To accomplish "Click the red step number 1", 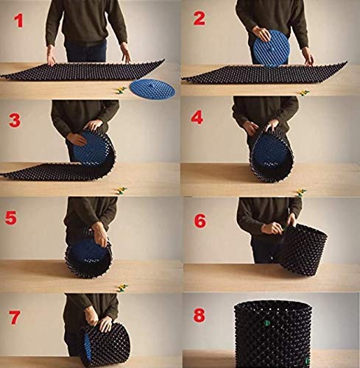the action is pos(18,21).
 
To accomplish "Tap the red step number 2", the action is pos(199,18).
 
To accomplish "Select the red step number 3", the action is pos(15,121).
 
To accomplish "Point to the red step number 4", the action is pos(197,118).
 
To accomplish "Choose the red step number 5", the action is pos(11,218).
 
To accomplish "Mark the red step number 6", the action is pos(200,222).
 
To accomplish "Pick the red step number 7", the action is pos(15,317).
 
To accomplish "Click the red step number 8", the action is pos(199,315).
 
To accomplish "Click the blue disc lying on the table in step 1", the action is pos(152,88).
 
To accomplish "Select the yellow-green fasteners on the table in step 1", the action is pos(121,91).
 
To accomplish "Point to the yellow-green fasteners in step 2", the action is pos(304,93).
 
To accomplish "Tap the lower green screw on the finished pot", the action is pos(307,361).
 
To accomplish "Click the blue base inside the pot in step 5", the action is pos(88,256).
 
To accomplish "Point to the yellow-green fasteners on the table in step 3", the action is pos(121,191).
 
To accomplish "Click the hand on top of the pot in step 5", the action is pos(100,233).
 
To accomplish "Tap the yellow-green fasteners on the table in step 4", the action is pos(301,192).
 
